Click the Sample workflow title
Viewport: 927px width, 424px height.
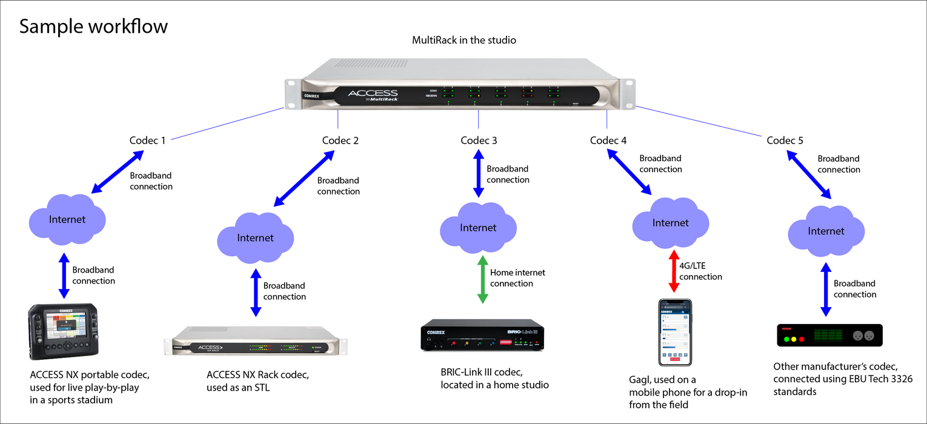pos(93,27)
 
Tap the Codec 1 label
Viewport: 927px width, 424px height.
pos(148,141)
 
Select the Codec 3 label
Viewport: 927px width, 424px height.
pos(479,141)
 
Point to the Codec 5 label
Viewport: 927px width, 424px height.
pos(785,141)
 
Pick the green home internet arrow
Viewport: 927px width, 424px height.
pos(483,279)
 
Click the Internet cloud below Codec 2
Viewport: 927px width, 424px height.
pos(255,237)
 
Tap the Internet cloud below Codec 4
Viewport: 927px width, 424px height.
pos(670,223)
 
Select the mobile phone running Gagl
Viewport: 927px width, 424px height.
pos(675,332)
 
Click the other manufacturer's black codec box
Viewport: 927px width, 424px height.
pos(829,335)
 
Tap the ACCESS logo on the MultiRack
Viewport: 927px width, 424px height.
pos(373,94)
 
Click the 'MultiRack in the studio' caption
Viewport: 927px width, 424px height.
pos(464,41)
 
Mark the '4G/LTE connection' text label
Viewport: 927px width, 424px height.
pos(700,271)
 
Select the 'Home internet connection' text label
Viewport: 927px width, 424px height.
pos(517,278)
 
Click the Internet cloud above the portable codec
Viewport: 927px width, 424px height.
pos(67,219)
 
